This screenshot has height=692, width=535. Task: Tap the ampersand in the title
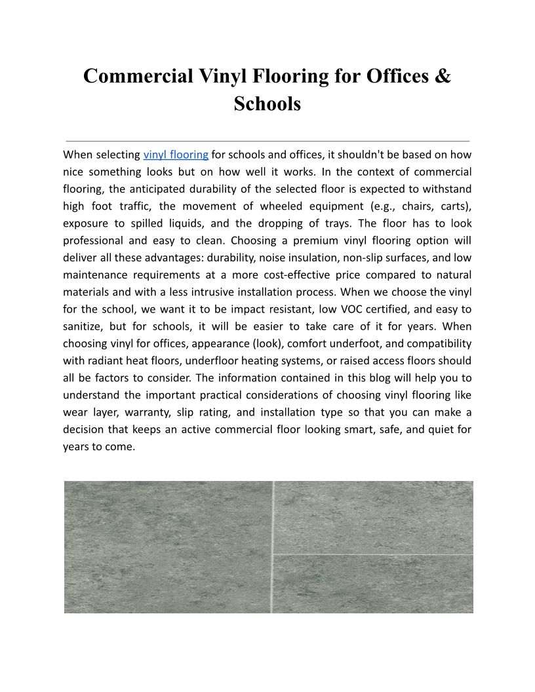tap(443, 76)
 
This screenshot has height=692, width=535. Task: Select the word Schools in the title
tap(267, 104)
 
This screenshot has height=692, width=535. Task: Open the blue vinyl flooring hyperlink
tap(176, 155)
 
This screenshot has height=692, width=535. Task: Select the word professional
tap(95, 240)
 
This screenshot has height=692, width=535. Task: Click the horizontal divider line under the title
tap(267, 141)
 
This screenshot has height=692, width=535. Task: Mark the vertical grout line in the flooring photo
tap(273, 547)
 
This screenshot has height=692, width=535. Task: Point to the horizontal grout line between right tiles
tap(372, 554)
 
